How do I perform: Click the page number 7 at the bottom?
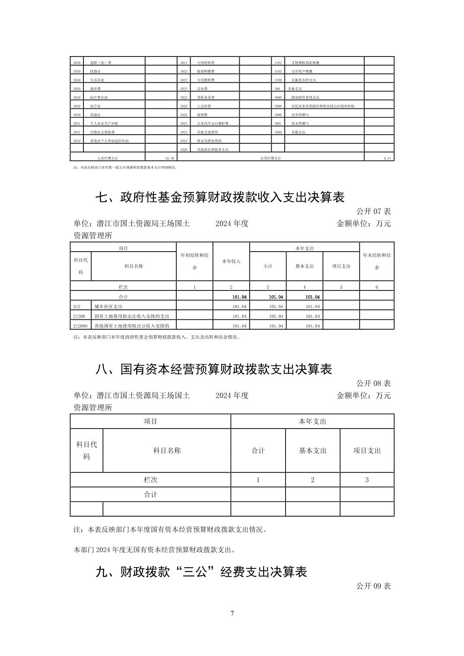click(232, 613)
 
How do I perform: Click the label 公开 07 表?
click(373, 211)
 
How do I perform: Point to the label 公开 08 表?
click(373, 383)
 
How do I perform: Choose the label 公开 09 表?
click(373, 586)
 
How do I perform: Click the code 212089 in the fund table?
click(80, 326)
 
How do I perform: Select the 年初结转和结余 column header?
click(194, 261)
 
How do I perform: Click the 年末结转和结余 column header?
click(377, 261)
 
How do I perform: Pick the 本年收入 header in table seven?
click(231, 261)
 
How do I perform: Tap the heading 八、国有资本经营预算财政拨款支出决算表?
click(213, 369)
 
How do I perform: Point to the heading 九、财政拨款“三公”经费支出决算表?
click(201, 572)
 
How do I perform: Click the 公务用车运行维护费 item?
click(213, 123)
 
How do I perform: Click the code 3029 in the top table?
click(184, 149)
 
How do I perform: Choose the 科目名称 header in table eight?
click(167, 451)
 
